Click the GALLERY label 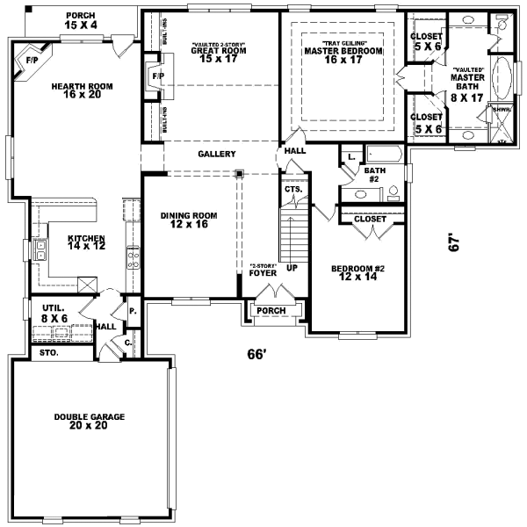pos(216,154)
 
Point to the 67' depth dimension pos(454,242)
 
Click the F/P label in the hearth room pos(32,61)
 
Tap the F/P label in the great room pos(158,77)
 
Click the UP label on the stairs pos(292,266)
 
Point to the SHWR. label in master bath pos(501,110)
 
